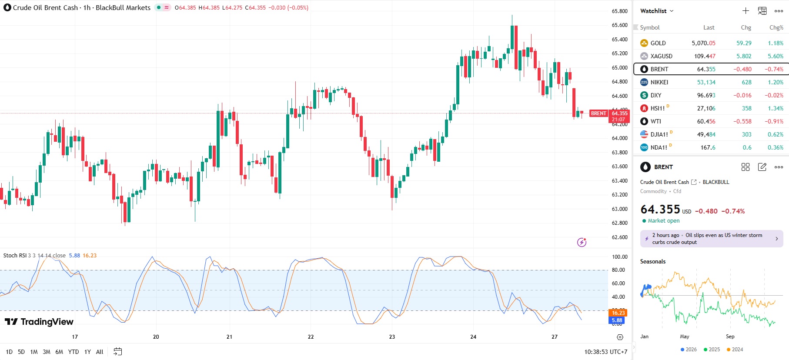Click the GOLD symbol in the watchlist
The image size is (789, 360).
[658, 43]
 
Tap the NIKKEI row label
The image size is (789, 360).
[659, 82]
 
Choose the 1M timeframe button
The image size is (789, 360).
[34, 352]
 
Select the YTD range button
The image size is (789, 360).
[73, 352]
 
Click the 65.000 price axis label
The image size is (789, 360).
[619, 67]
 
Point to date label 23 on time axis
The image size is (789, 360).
[392, 337]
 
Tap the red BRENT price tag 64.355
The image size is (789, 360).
[619, 113]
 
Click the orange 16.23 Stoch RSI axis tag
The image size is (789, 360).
[618, 313]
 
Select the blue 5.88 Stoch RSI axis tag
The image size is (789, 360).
[617, 320]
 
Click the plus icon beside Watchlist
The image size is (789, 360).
[746, 11]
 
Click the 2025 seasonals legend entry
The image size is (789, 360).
[712, 350]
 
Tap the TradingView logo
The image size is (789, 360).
[39, 322]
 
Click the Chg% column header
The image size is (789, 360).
[776, 27]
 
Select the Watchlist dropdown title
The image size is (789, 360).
[656, 11]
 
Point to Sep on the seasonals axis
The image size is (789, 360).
[730, 337]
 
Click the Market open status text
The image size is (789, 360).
[663, 221]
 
